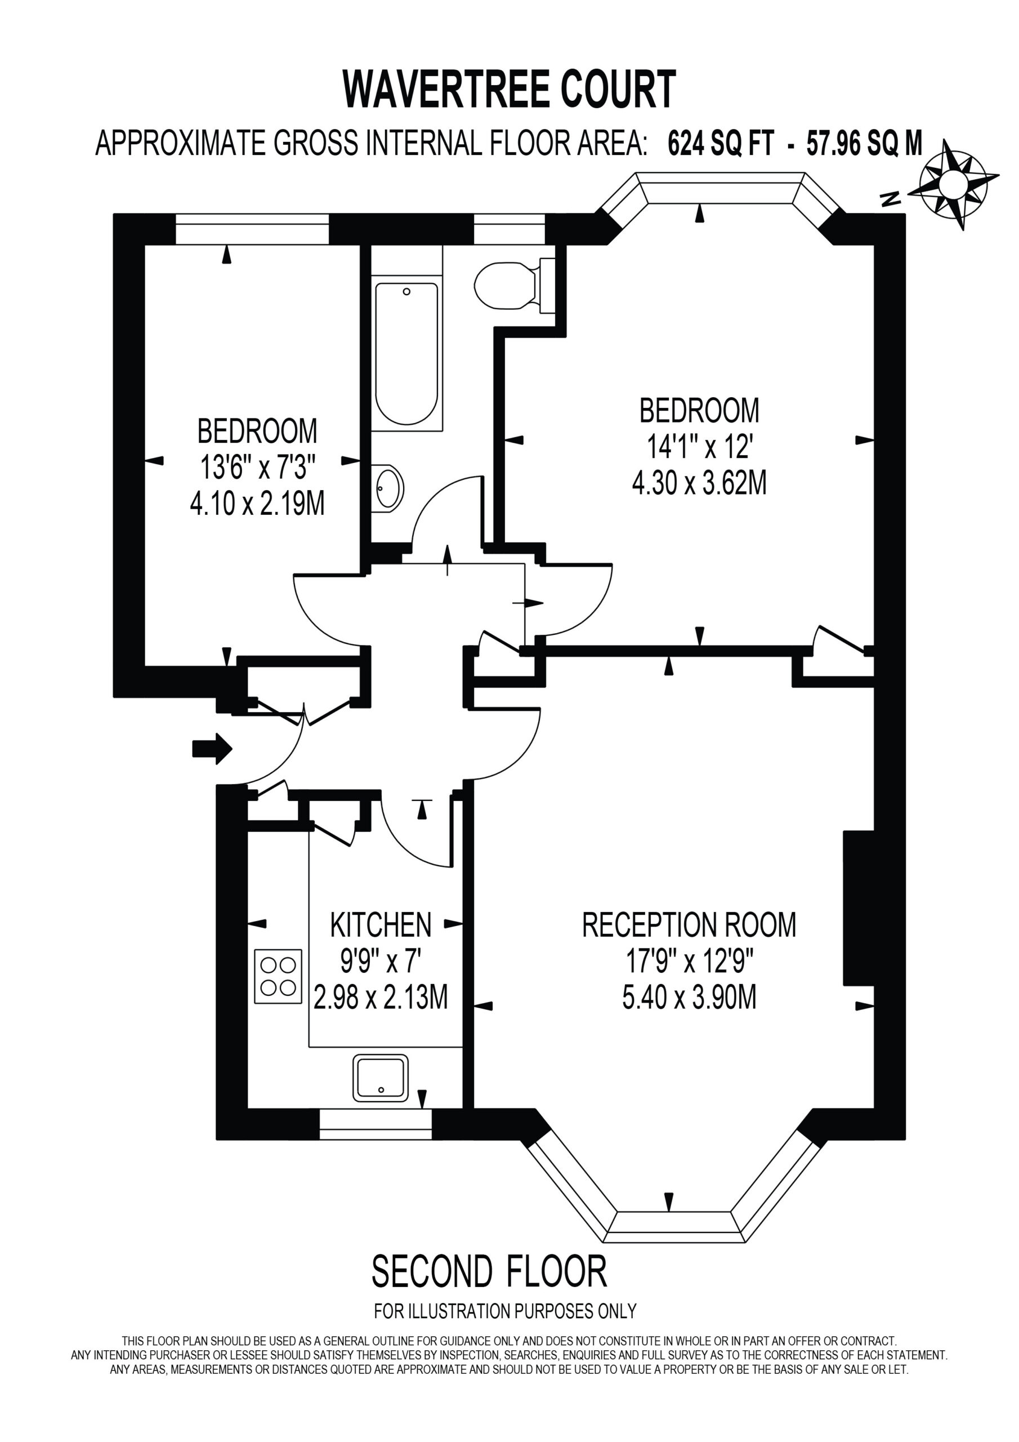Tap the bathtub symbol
point(406,353)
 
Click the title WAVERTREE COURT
point(509,89)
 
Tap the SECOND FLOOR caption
point(490,1271)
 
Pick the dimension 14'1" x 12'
point(699,447)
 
